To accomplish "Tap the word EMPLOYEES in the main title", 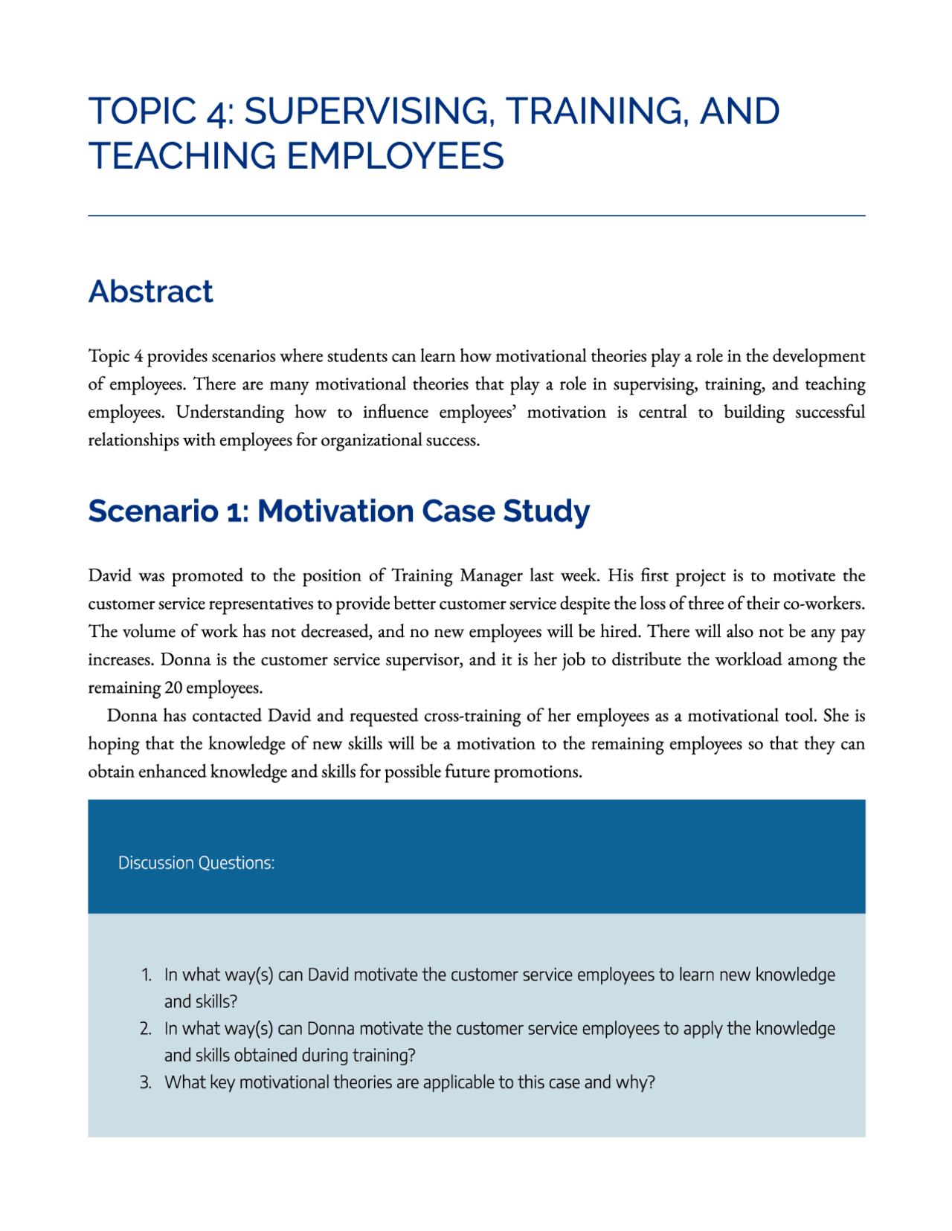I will click(394, 157).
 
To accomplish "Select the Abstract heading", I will click(151, 291).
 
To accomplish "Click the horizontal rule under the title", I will click(476, 216).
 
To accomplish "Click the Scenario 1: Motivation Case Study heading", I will click(338, 511).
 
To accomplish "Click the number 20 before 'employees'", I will click(172, 688).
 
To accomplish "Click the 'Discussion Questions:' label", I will click(196, 863).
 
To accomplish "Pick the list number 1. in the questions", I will click(147, 975).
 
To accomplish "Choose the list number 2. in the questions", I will click(146, 1029).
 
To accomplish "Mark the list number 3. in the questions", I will click(146, 1082).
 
